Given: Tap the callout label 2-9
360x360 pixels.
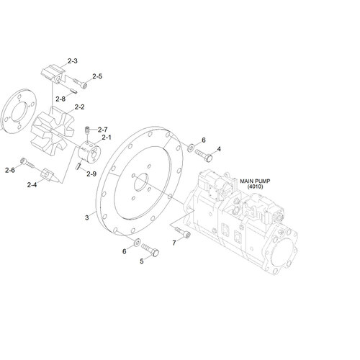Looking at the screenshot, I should [91, 174].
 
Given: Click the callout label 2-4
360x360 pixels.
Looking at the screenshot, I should [32, 185].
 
